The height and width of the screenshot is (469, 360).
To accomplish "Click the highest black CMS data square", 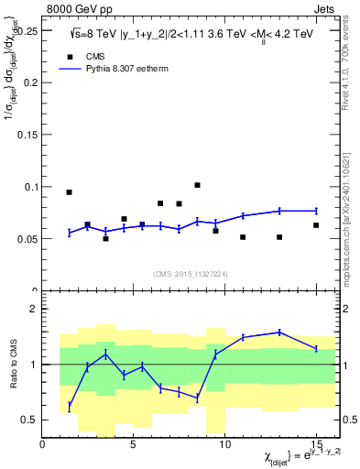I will tap(197, 185).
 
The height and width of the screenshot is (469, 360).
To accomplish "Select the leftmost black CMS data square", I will tap(69, 192).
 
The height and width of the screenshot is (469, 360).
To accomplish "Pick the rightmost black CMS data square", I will tap(316, 225).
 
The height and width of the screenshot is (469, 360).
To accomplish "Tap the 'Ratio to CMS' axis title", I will tap(13, 365).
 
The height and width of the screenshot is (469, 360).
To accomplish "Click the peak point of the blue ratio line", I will tap(279, 332).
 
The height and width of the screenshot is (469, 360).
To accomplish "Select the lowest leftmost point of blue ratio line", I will tap(69, 406).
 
